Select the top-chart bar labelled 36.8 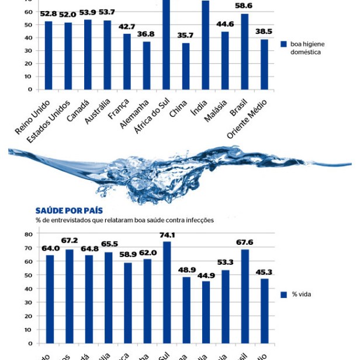147,65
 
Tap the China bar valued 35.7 186,66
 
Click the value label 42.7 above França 127,27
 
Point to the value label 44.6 225,25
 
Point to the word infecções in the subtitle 199,220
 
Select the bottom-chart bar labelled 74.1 167,292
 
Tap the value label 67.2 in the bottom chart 69,240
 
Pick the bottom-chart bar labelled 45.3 265,311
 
